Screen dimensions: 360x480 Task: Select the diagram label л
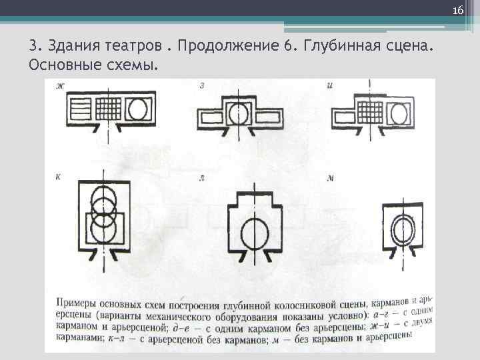click(202, 179)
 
